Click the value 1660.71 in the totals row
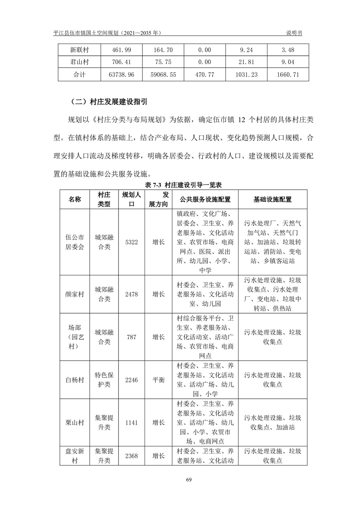[x=288, y=75]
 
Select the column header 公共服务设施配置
[x=205, y=199]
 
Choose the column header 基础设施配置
[x=272, y=199]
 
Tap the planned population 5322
[x=131, y=242]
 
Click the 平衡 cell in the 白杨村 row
[x=158, y=380]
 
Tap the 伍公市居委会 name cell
[x=75, y=242]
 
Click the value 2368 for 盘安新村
[x=131, y=456]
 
